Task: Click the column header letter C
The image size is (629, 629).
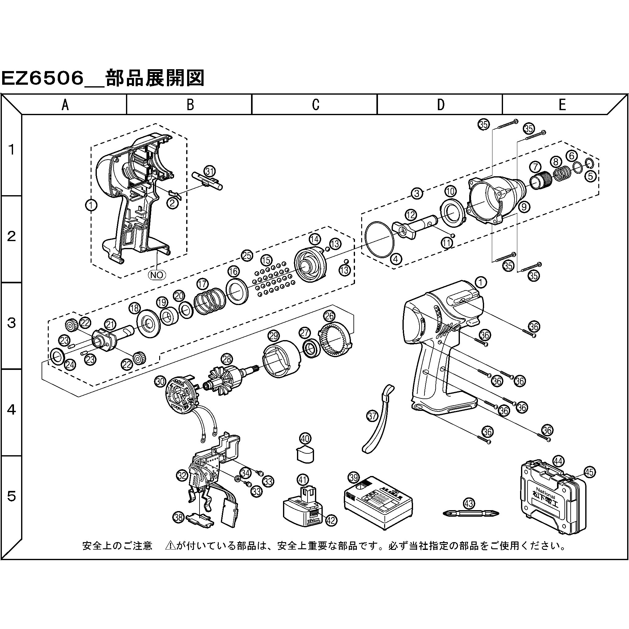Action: (315, 105)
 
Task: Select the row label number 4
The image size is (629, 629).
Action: (11, 410)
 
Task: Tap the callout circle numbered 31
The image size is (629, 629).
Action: (210, 171)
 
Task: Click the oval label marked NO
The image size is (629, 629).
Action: (157, 275)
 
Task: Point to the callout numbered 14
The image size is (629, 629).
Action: (315, 239)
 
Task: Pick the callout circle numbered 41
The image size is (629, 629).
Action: (303, 479)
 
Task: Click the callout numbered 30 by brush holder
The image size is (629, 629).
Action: (160, 382)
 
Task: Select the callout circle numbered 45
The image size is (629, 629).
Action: (589, 472)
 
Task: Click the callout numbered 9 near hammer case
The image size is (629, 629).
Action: (523, 207)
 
